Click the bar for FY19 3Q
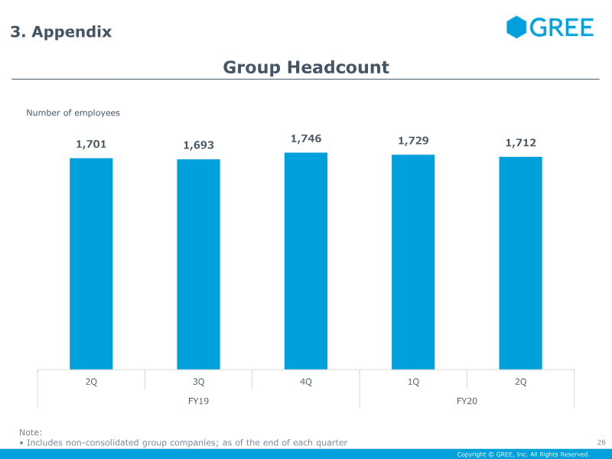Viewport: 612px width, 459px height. tap(198, 264)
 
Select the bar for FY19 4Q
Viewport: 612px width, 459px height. tap(306, 261)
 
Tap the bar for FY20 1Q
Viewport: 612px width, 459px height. tap(413, 262)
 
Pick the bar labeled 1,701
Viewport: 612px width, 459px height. tap(91, 263)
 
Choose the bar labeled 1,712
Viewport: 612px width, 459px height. tap(520, 263)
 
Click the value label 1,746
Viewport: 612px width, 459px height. tap(306, 138)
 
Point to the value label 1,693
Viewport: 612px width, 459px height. tap(199, 145)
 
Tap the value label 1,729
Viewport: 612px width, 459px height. tap(413, 141)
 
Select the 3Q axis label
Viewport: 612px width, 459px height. tap(198, 382)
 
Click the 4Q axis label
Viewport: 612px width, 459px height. tap(306, 382)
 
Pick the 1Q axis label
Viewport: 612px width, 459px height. tap(413, 382)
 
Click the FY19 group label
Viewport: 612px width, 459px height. tap(198, 400)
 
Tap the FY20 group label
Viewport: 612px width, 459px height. tap(467, 400)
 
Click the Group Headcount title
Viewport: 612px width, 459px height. tap(306, 67)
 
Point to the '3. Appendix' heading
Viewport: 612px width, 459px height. tap(61, 32)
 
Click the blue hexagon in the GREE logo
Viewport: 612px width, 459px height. tap(516, 27)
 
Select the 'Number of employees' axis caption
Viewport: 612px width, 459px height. tap(73, 113)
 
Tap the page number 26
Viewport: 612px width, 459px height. tap(601, 442)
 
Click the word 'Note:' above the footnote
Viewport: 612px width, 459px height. tap(31, 432)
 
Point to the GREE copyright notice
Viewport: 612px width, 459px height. tap(523, 454)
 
